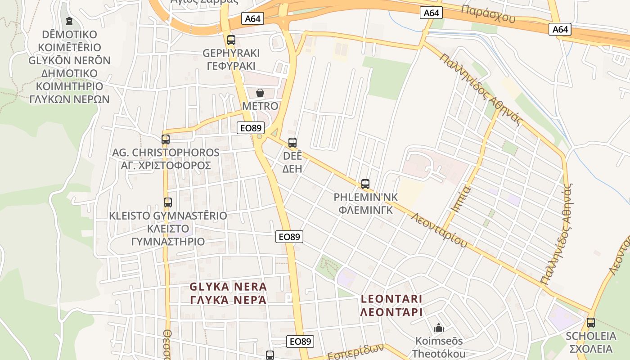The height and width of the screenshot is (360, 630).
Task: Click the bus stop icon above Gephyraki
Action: point(231,40)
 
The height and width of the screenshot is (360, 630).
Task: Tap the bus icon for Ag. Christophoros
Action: point(166,139)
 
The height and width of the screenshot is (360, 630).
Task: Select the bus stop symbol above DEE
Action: point(292,143)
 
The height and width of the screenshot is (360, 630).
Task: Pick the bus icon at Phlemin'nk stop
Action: point(365,184)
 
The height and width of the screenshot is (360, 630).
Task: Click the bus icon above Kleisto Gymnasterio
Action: point(168,202)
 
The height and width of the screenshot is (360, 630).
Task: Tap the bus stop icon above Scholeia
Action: point(591,322)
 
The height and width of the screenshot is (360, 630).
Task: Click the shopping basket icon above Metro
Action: point(260,93)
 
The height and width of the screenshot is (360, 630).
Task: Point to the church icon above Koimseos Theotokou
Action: point(438,328)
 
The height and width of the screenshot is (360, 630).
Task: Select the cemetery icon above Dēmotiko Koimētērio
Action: point(69,21)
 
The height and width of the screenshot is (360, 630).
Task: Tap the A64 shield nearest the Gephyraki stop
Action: point(252,18)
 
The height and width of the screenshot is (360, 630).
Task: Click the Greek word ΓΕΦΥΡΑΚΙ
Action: point(231,66)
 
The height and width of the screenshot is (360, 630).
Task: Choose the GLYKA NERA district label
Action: point(228,287)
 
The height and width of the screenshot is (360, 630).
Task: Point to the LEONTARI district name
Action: point(391,299)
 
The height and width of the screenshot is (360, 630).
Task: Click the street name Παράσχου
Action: point(488,14)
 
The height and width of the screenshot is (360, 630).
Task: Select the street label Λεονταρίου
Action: point(439,230)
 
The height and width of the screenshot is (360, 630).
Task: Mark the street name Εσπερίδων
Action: point(355,351)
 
